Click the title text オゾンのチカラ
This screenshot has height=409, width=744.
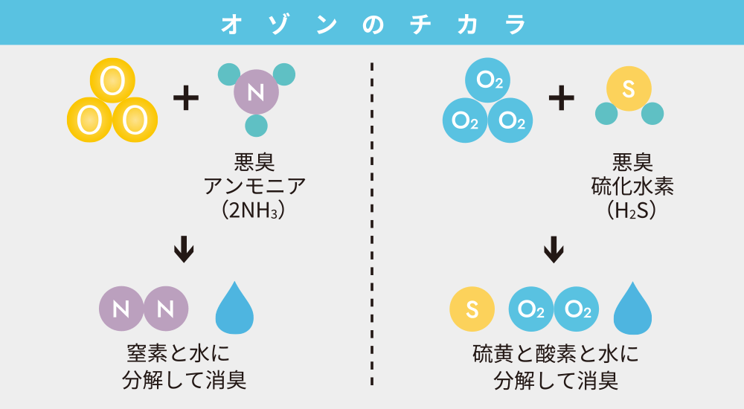(x=373, y=22)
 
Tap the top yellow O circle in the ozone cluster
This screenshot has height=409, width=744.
(x=112, y=81)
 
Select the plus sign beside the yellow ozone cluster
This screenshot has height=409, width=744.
(x=186, y=98)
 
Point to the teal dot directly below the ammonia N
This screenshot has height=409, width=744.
(x=256, y=126)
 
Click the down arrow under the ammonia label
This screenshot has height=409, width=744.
(x=183, y=250)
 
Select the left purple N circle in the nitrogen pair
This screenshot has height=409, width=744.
(x=121, y=309)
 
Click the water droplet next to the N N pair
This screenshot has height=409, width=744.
(x=234, y=307)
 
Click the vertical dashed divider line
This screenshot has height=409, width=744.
(x=372, y=223)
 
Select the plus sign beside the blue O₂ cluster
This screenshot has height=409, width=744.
(x=562, y=98)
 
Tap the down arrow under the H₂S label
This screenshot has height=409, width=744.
(x=553, y=250)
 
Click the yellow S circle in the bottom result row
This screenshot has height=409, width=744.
(x=472, y=309)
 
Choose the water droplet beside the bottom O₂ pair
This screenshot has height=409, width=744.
(x=633, y=308)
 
